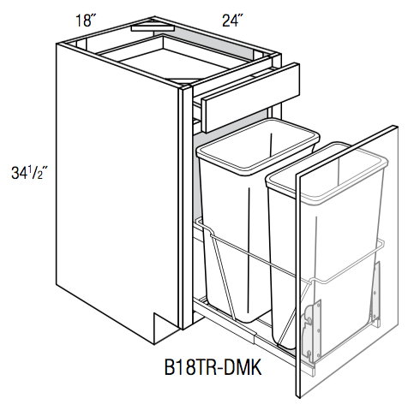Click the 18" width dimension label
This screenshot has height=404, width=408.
[x=84, y=18]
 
